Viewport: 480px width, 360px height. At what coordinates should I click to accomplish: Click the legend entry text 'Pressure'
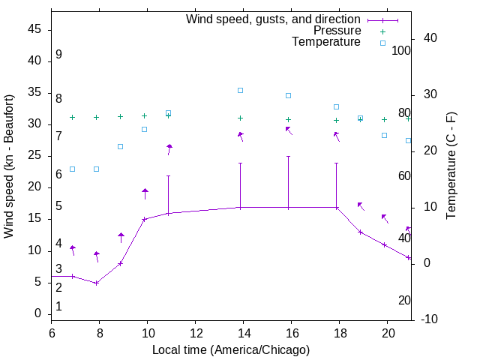tap(337, 31)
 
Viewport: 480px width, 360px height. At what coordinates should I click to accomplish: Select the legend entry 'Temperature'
tap(326, 42)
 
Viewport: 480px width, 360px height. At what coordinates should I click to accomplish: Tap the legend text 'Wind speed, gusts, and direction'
tap(273, 19)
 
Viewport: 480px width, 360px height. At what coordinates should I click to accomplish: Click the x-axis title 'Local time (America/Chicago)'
tap(231, 349)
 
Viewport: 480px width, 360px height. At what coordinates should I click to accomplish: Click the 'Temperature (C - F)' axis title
tap(451, 166)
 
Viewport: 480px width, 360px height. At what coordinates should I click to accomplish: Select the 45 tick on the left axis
tap(34, 29)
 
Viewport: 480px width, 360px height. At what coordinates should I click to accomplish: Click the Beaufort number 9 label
tap(58, 55)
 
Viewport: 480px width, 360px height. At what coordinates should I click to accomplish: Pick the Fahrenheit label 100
tap(402, 51)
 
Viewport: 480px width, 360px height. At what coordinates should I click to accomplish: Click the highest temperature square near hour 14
tap(240, 90)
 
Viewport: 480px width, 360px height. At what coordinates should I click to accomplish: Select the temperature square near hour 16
tap(288, 95)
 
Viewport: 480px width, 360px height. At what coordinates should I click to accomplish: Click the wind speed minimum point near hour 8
tap(96, 283)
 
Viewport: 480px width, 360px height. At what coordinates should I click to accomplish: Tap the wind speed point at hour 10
tap(144, 219)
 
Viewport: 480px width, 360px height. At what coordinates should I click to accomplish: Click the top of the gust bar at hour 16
tap(288, 156)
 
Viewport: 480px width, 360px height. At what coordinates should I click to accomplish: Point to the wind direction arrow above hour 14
tap(240, 136)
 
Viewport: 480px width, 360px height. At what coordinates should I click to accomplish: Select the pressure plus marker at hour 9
tap(120, 116)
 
